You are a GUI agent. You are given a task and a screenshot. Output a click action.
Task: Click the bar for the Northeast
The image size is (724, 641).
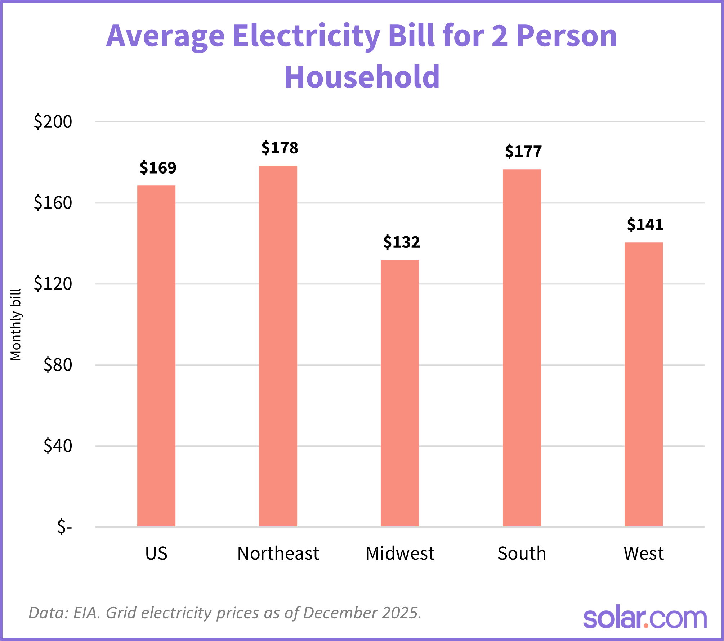point(278,346)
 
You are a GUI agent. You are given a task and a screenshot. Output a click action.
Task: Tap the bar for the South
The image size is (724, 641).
point(522,348)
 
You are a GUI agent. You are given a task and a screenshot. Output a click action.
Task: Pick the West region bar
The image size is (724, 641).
point(644,385)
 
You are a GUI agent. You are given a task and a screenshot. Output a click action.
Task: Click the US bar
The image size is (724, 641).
point(156,356)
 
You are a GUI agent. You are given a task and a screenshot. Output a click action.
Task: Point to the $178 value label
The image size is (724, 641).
point(280,148)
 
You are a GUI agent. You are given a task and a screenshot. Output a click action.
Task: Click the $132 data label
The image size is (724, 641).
point(402,242)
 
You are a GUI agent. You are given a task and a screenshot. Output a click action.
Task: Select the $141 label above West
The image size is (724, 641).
point(645,225)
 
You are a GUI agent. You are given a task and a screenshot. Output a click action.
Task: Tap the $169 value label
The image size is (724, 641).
point(158,168)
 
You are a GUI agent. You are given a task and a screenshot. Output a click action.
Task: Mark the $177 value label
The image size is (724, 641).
point(523,151)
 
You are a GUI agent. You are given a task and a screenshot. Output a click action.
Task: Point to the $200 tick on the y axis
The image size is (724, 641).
point(53,122)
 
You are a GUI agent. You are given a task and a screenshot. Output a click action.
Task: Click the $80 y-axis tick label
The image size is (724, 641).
point(58,365)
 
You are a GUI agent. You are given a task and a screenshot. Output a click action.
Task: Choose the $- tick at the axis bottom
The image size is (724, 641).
point(64,527)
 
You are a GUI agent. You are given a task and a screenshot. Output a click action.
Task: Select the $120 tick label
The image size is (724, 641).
point(53,284)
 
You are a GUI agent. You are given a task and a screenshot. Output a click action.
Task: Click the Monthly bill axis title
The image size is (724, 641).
point(16,324)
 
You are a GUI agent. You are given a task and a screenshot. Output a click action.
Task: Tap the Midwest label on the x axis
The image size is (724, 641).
point(400,553)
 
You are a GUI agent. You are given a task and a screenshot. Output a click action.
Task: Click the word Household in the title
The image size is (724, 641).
point(362,77)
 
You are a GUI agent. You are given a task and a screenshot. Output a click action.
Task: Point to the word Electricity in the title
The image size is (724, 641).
point(306,36)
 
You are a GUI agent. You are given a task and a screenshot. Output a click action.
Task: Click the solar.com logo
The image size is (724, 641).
point(645,618)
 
